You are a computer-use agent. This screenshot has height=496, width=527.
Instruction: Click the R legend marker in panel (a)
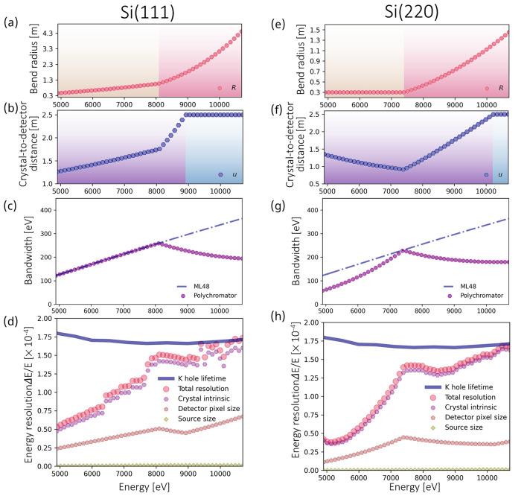pos(220,88)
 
